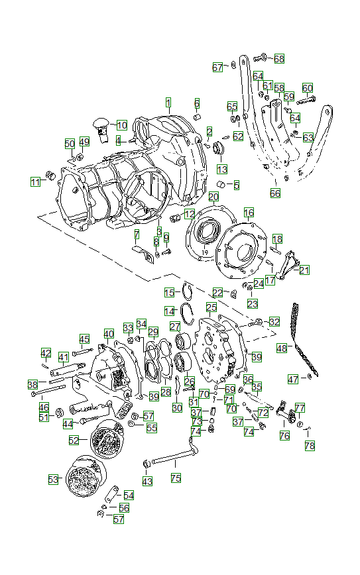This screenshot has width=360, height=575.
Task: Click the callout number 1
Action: [x=168, y=103]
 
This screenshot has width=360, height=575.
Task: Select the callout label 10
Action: [x=122, y=125]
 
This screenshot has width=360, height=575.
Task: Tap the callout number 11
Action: [x=35, y=182]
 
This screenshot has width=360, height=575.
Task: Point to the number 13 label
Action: [x=221, y=169]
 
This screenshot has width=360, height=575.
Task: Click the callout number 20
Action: [x=213, y=197]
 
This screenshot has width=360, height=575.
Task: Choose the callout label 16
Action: [x=249, y=213]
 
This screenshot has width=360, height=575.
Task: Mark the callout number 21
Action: [x=304, y=270]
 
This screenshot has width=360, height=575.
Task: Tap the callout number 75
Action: [x=176, y=477]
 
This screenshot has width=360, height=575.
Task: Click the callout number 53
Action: [x=53, y=478]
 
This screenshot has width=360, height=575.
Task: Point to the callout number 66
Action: [x=275, y=193]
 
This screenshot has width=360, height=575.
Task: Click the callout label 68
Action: [x=279, y=59]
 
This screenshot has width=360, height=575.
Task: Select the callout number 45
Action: [x=84, y=339]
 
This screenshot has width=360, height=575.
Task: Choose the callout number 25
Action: [x=211, y=307]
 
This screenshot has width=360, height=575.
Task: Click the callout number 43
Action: [x=147, y=480]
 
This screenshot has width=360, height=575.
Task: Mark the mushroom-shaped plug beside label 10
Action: [x=101, y=124]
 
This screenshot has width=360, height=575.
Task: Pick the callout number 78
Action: [x=310, y=446]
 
